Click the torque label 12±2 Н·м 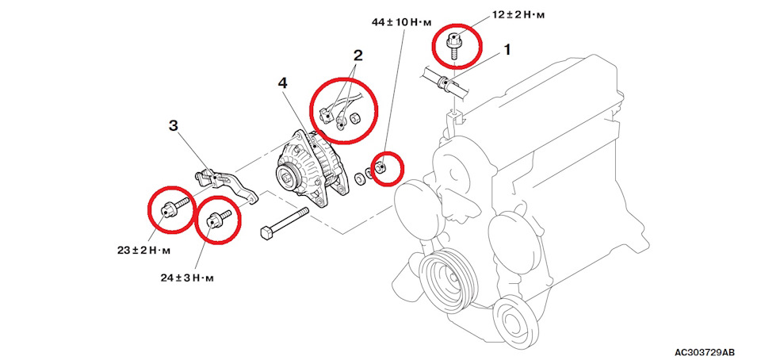518,15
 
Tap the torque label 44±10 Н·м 402,22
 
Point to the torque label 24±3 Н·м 187,278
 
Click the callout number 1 507,49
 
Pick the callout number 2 358,56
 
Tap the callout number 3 174,126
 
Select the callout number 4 282,83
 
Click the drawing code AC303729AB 704,351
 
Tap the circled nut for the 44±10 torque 381,168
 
